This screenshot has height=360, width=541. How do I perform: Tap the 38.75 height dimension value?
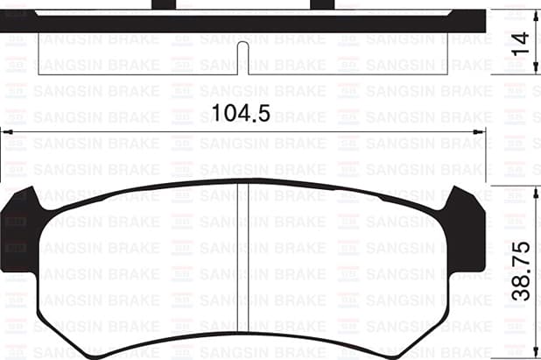point(522,271)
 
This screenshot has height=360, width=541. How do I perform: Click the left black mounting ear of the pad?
point(19,223)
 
